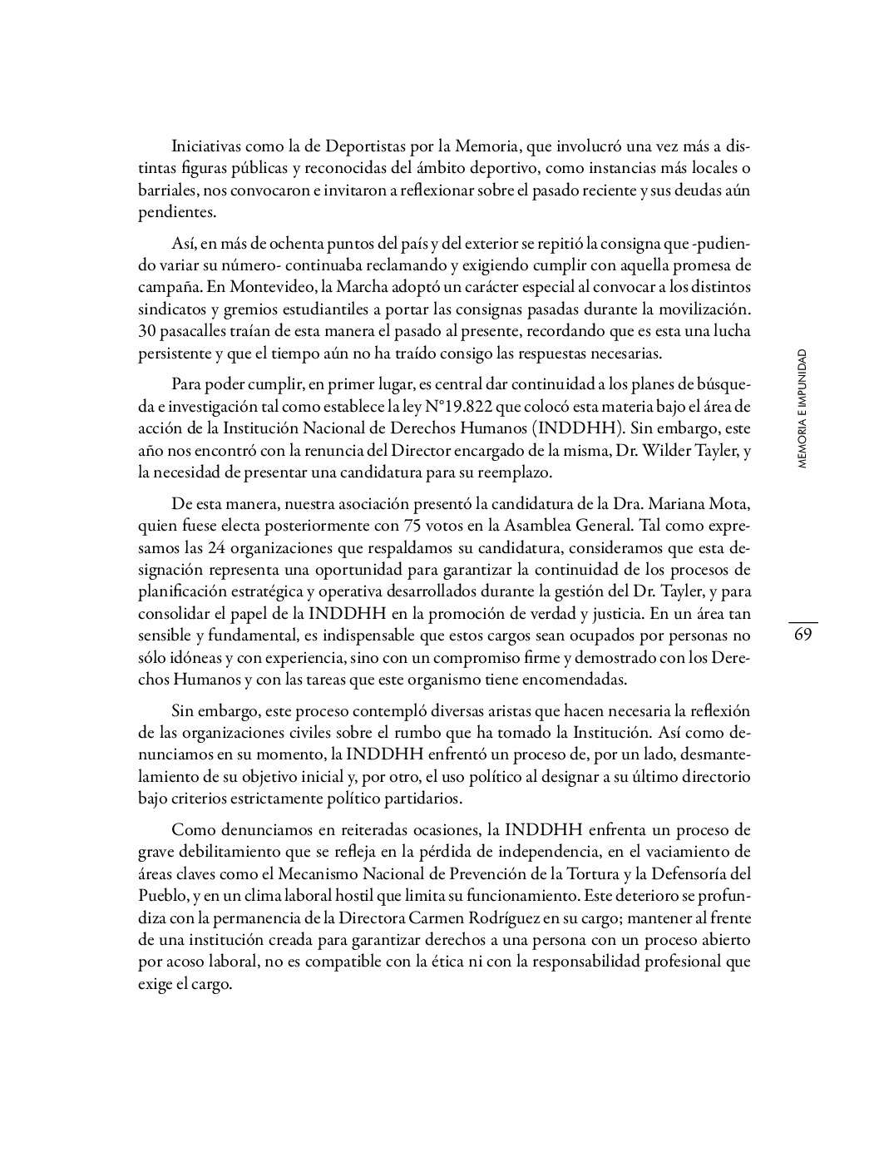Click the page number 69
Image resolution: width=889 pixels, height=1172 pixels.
click(803, 635)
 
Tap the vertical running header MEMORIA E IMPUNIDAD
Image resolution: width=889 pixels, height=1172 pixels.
click(802, 409)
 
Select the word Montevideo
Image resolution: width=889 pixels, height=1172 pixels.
click(258, 288)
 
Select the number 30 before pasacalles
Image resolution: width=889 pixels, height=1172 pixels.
click(146, 331)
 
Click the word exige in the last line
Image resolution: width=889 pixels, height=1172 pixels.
click(156, 984)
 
